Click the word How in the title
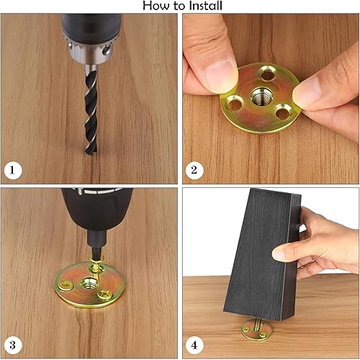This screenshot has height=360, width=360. pyautogui.click(x=156, y=6)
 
